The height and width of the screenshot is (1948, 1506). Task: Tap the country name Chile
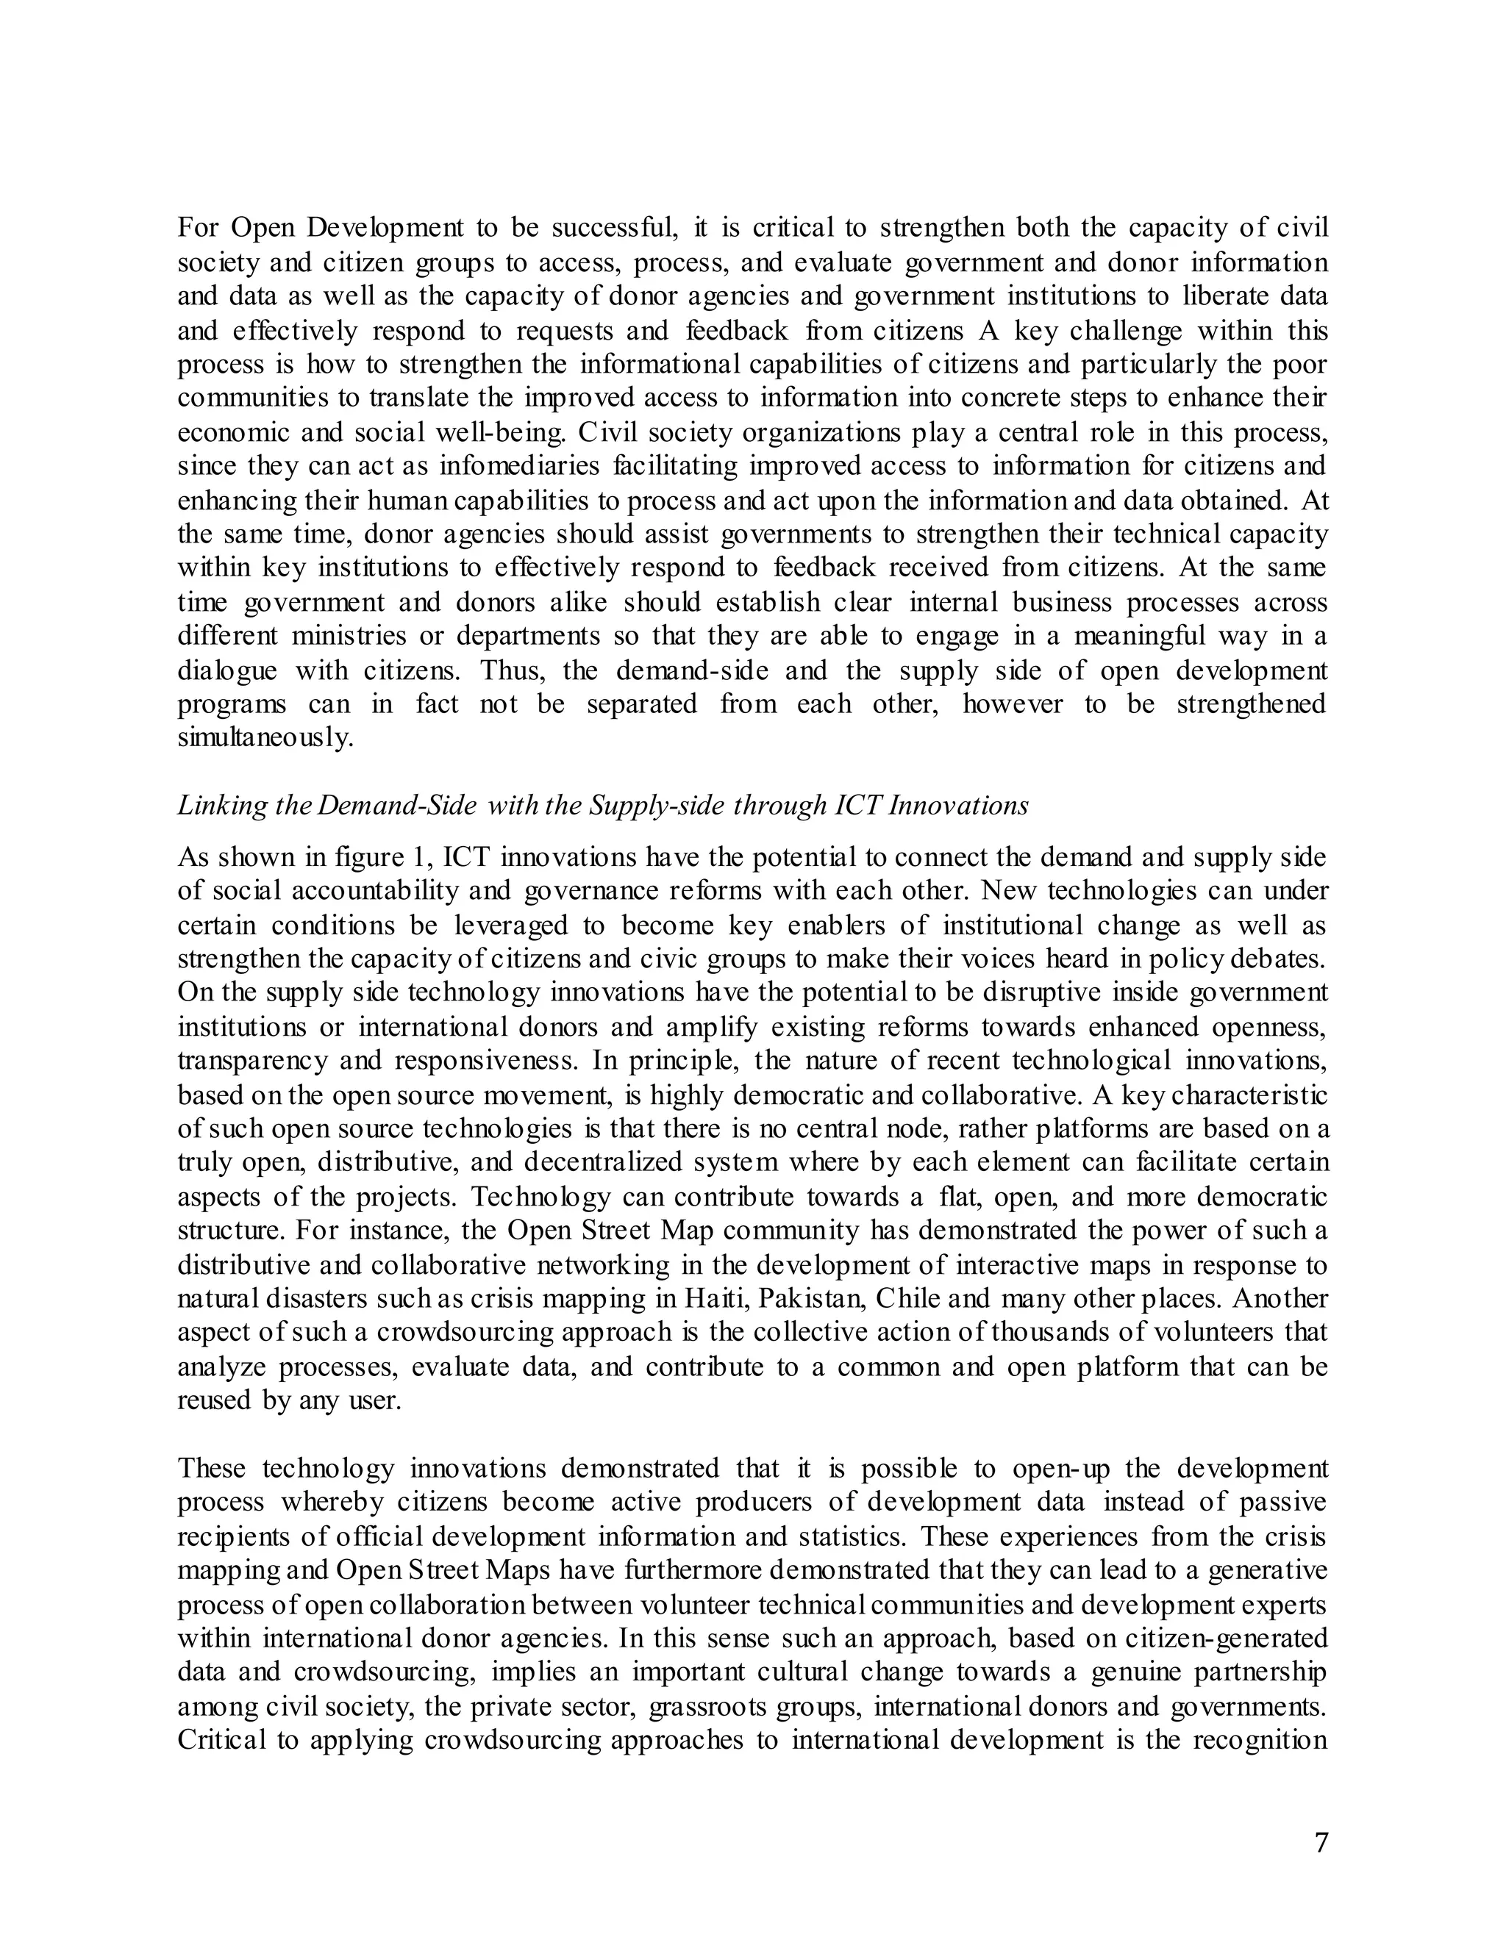tap(908, 1299)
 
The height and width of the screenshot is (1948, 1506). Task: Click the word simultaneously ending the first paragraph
tap(265, 740)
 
